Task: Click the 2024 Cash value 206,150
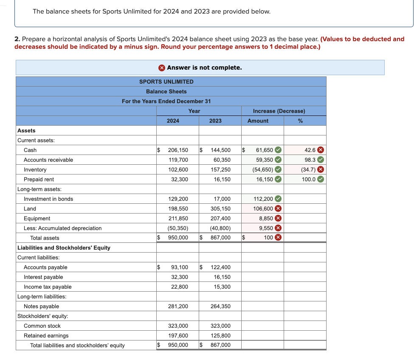(178, 150)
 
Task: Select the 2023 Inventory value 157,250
(220, 169)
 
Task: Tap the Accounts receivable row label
(48, 160)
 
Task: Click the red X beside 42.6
(321, 150)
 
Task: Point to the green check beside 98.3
(321, 160)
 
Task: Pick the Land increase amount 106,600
(263, 208)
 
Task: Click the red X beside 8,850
(278, 218)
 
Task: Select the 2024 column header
(173, 121)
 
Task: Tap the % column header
(300, 121)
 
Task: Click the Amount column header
(258, 121)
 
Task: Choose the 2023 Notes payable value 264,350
(220, 306)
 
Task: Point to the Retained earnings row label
(46, 335)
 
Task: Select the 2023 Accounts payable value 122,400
(220, 267)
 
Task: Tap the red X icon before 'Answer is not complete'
(162, 67)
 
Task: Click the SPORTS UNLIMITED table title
(166, 82)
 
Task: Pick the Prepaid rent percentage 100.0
(309, 179)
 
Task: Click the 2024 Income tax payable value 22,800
(180, 287)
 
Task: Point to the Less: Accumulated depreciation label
(62, 228)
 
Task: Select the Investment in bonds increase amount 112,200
(263, 199)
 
